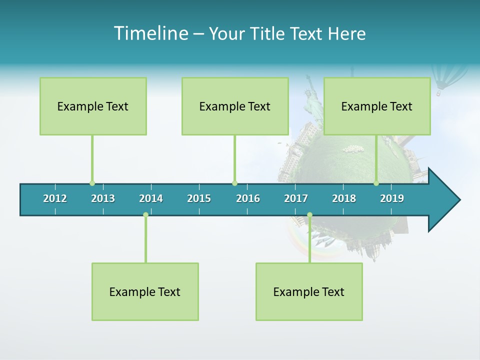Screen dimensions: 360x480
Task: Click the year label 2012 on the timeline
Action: tap(55, 198)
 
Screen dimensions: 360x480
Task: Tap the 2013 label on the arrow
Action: tap(103, 198)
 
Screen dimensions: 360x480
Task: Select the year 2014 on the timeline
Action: tap(151, 198)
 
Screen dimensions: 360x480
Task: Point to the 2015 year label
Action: tap(199, 198)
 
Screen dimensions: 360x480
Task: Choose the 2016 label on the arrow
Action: tap(248, 198)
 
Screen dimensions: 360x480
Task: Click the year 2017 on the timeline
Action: tap(296, 198)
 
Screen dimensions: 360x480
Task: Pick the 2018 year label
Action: tap(344, 198)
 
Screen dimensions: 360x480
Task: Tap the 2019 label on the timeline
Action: tap(392, 198)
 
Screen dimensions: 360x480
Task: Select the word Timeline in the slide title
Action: tap(150, 33)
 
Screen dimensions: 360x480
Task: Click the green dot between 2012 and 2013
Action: tap(92, 183)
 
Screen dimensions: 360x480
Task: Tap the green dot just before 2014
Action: tap(145, 214)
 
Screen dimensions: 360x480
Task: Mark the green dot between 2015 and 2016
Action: tap(234, 183)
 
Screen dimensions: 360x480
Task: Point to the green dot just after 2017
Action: tap(309, 214)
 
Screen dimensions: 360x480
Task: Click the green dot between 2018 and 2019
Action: tap(376, 183)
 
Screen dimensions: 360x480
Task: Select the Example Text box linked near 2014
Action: tap(145, 291)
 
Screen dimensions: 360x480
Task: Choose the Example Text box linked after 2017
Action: tap(309, 291)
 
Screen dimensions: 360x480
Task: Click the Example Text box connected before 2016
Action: tap(235, 106)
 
